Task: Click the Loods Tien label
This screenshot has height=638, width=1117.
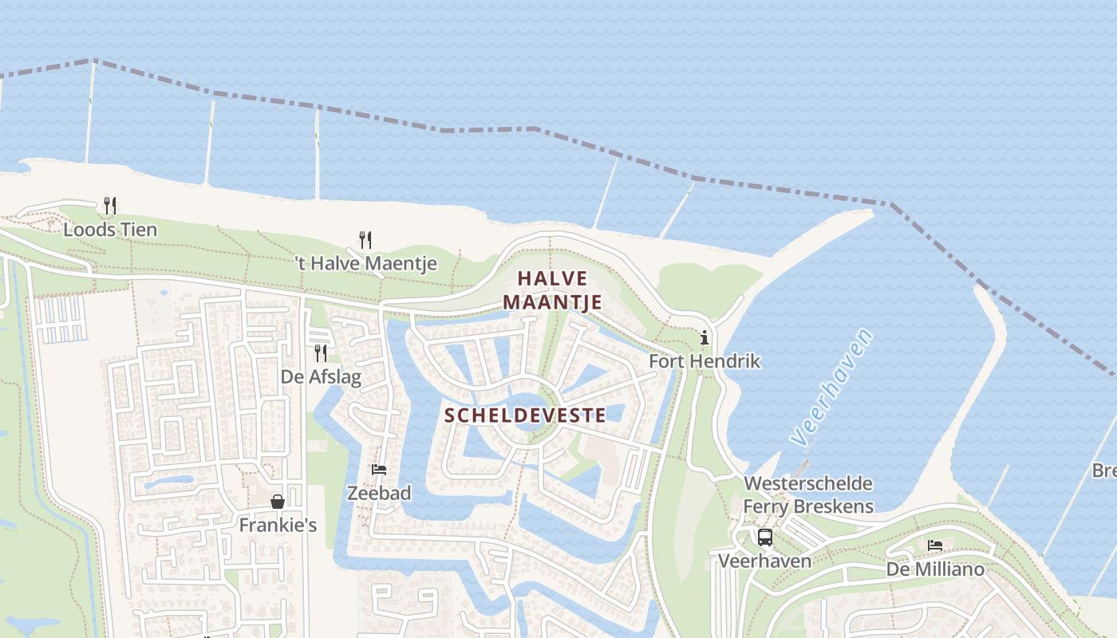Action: click(110, 230)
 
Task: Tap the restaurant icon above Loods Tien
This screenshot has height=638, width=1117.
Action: click(110, 206)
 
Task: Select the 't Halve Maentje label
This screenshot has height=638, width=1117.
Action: click(366, 263)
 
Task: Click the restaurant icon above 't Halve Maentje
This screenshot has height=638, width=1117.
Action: click(365, 239)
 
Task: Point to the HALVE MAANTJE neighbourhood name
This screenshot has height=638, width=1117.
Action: click(552, 290)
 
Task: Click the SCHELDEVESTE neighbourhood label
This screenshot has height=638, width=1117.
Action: click(525, 415)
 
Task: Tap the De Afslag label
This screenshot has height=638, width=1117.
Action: click(321, 377)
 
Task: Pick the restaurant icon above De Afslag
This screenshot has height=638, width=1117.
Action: click(321, 353)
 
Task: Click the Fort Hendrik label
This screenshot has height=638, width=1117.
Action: click(705, 361)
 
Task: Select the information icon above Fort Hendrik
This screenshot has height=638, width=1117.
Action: click(705, 337)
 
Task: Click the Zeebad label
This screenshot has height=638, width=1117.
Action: click(379, 494)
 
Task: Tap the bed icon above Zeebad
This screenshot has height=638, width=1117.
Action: click(379, 470)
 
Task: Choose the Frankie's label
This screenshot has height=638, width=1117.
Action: click(278, 526)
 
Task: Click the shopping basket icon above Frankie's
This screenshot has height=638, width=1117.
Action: click(278, 502)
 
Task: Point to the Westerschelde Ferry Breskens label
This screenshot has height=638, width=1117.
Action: click(808, 495)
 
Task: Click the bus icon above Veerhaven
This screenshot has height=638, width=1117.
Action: click(765, 538)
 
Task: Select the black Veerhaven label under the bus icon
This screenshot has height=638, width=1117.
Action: click(765, 561)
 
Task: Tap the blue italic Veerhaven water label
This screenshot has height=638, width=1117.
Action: click(832, 387)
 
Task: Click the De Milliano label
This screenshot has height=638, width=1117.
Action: click(935, 569)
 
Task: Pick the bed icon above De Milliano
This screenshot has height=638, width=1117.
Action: click(935, 545)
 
